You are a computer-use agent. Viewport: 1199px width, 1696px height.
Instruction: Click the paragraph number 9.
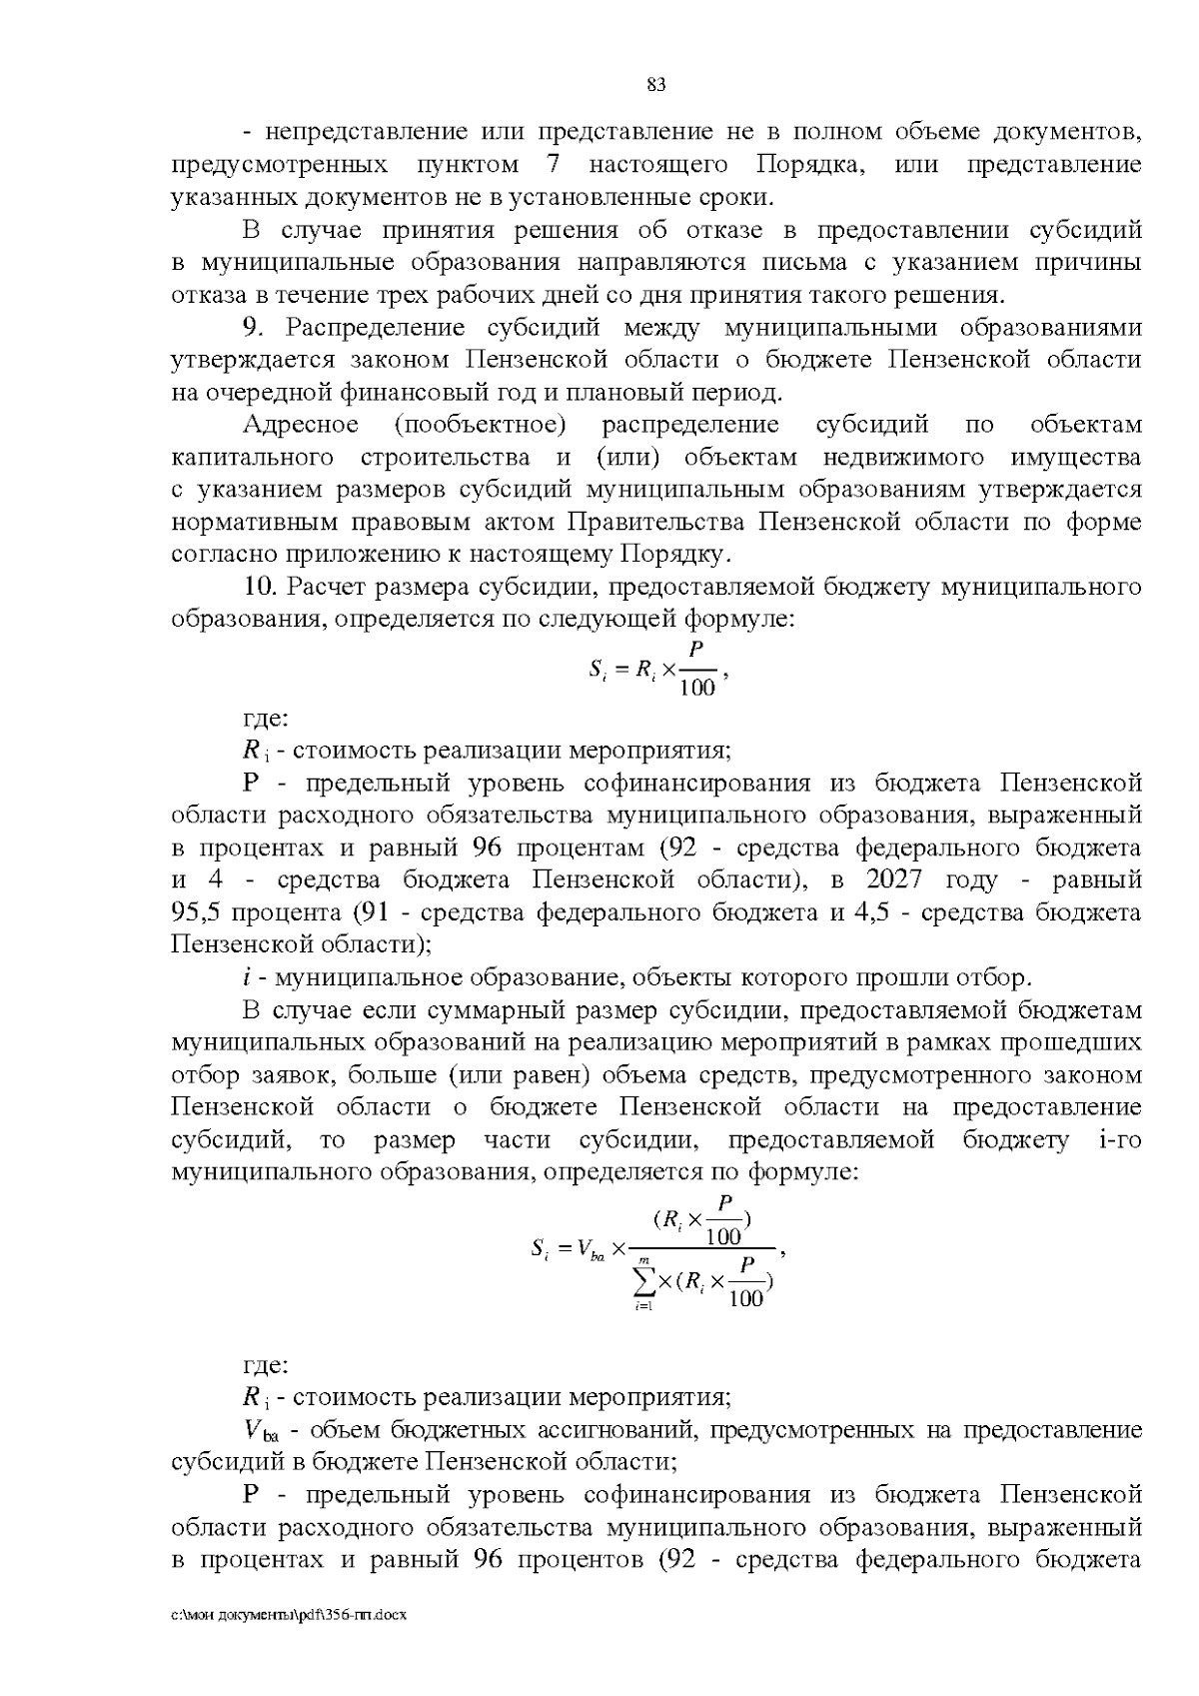click(252, 328)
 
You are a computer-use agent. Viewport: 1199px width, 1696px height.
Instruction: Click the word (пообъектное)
click(480, 425)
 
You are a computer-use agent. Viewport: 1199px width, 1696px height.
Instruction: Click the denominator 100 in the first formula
click(696, 688)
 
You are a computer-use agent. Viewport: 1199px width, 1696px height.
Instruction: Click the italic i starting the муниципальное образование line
click(247, 977)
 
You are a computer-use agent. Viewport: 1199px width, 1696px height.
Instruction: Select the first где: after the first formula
click(267, 718)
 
